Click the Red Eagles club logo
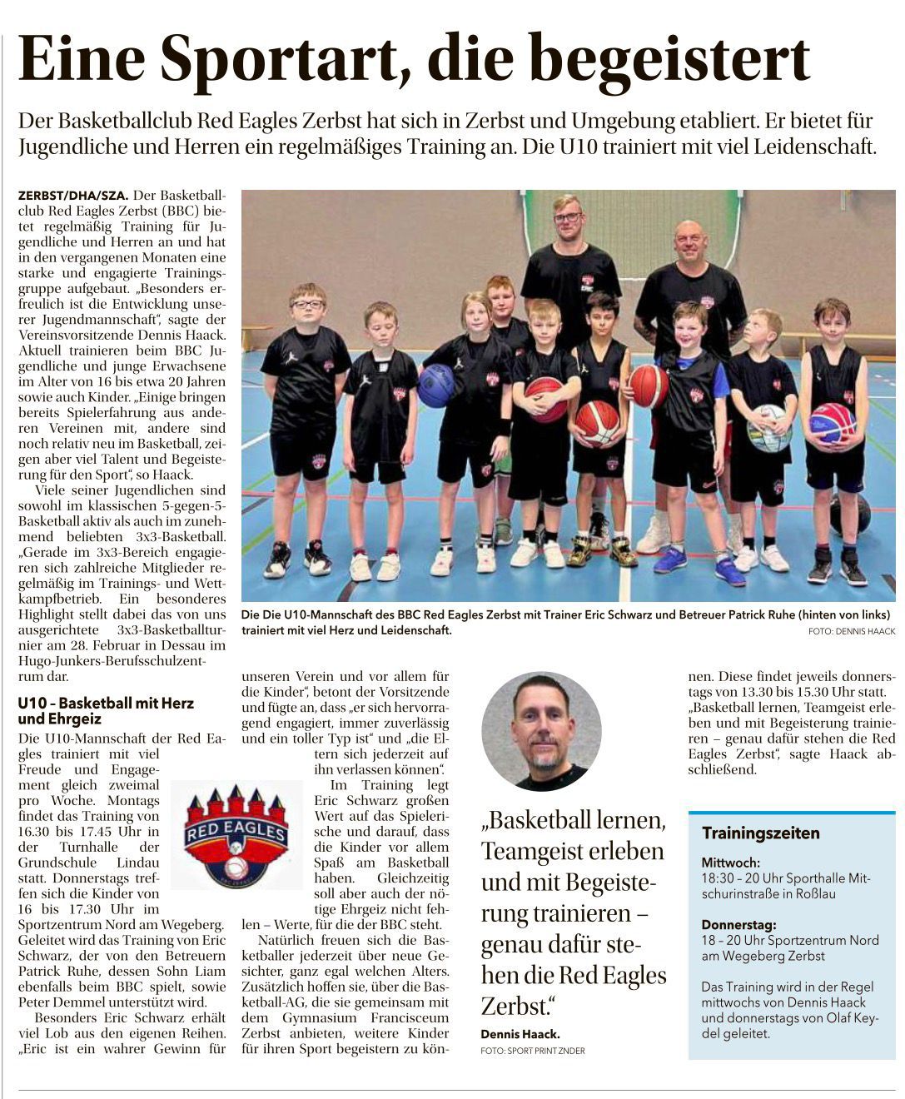coord(236,833)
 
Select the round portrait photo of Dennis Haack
coord(541,731)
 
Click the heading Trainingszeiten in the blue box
coord(760,833)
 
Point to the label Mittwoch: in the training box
coord(730,863)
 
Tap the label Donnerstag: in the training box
coord(738,924)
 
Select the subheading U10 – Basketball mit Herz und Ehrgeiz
coord(105,710)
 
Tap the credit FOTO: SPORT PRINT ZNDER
coord(532,1051)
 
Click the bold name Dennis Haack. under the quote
coord(520,1034)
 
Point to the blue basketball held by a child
coord(435,385)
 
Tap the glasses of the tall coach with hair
coord(569,218)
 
